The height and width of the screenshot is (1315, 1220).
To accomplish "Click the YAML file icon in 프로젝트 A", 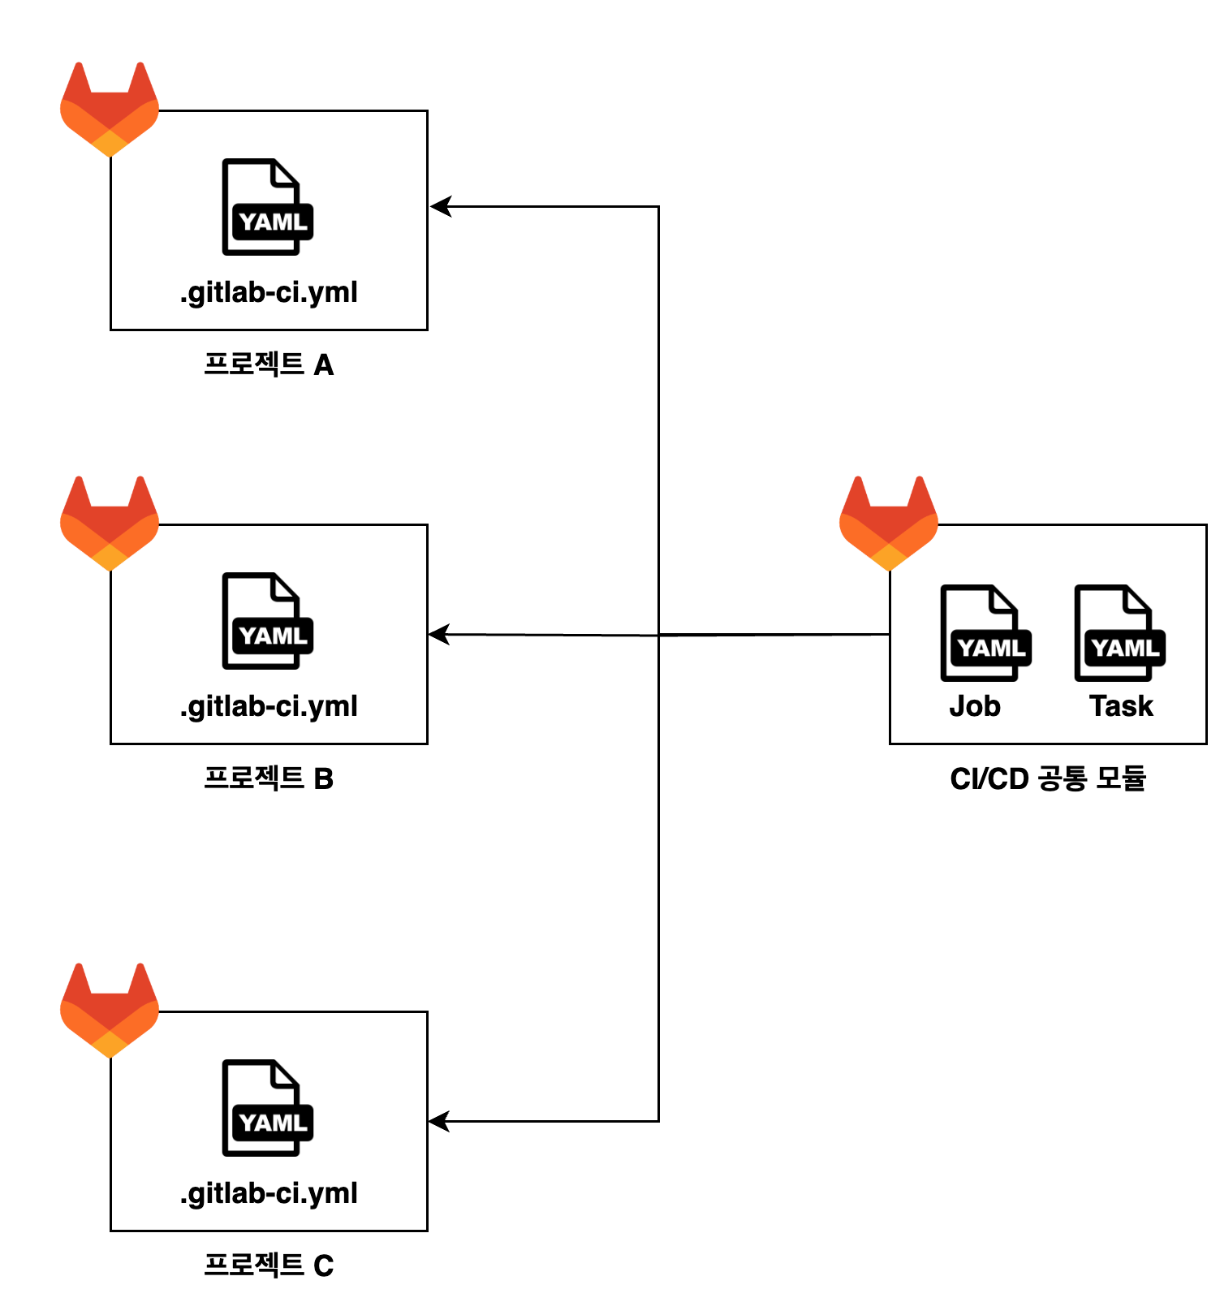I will (267, 207).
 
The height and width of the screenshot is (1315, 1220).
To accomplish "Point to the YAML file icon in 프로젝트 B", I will (267, 621).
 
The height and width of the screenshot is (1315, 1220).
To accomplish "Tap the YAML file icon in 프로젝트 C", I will (267, 1108).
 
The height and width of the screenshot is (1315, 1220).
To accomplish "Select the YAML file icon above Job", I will (985, 632).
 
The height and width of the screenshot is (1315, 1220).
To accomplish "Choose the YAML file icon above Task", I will (1119, 632).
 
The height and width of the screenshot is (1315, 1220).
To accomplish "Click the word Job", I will (975, 706).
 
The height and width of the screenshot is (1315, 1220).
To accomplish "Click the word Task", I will (1121, 706).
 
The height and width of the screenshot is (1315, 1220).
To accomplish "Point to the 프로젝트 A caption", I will (269, 364).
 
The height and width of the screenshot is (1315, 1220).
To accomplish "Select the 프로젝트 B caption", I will (269, 778).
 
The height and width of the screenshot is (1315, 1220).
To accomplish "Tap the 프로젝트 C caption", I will (269, 1265).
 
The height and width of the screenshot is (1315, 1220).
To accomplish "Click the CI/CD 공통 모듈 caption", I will (1048, 778).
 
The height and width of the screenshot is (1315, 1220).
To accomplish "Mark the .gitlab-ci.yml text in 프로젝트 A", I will (269, 292).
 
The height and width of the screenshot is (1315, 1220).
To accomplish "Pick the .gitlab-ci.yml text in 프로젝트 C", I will (269, 1193).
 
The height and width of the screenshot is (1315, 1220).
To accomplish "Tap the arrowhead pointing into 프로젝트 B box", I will (439, 634).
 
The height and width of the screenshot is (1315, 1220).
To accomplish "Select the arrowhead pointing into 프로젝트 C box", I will (439, 1122).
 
